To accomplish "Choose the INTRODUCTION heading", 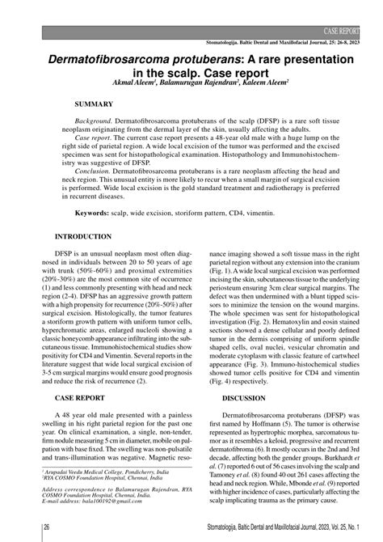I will click(83, 237).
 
